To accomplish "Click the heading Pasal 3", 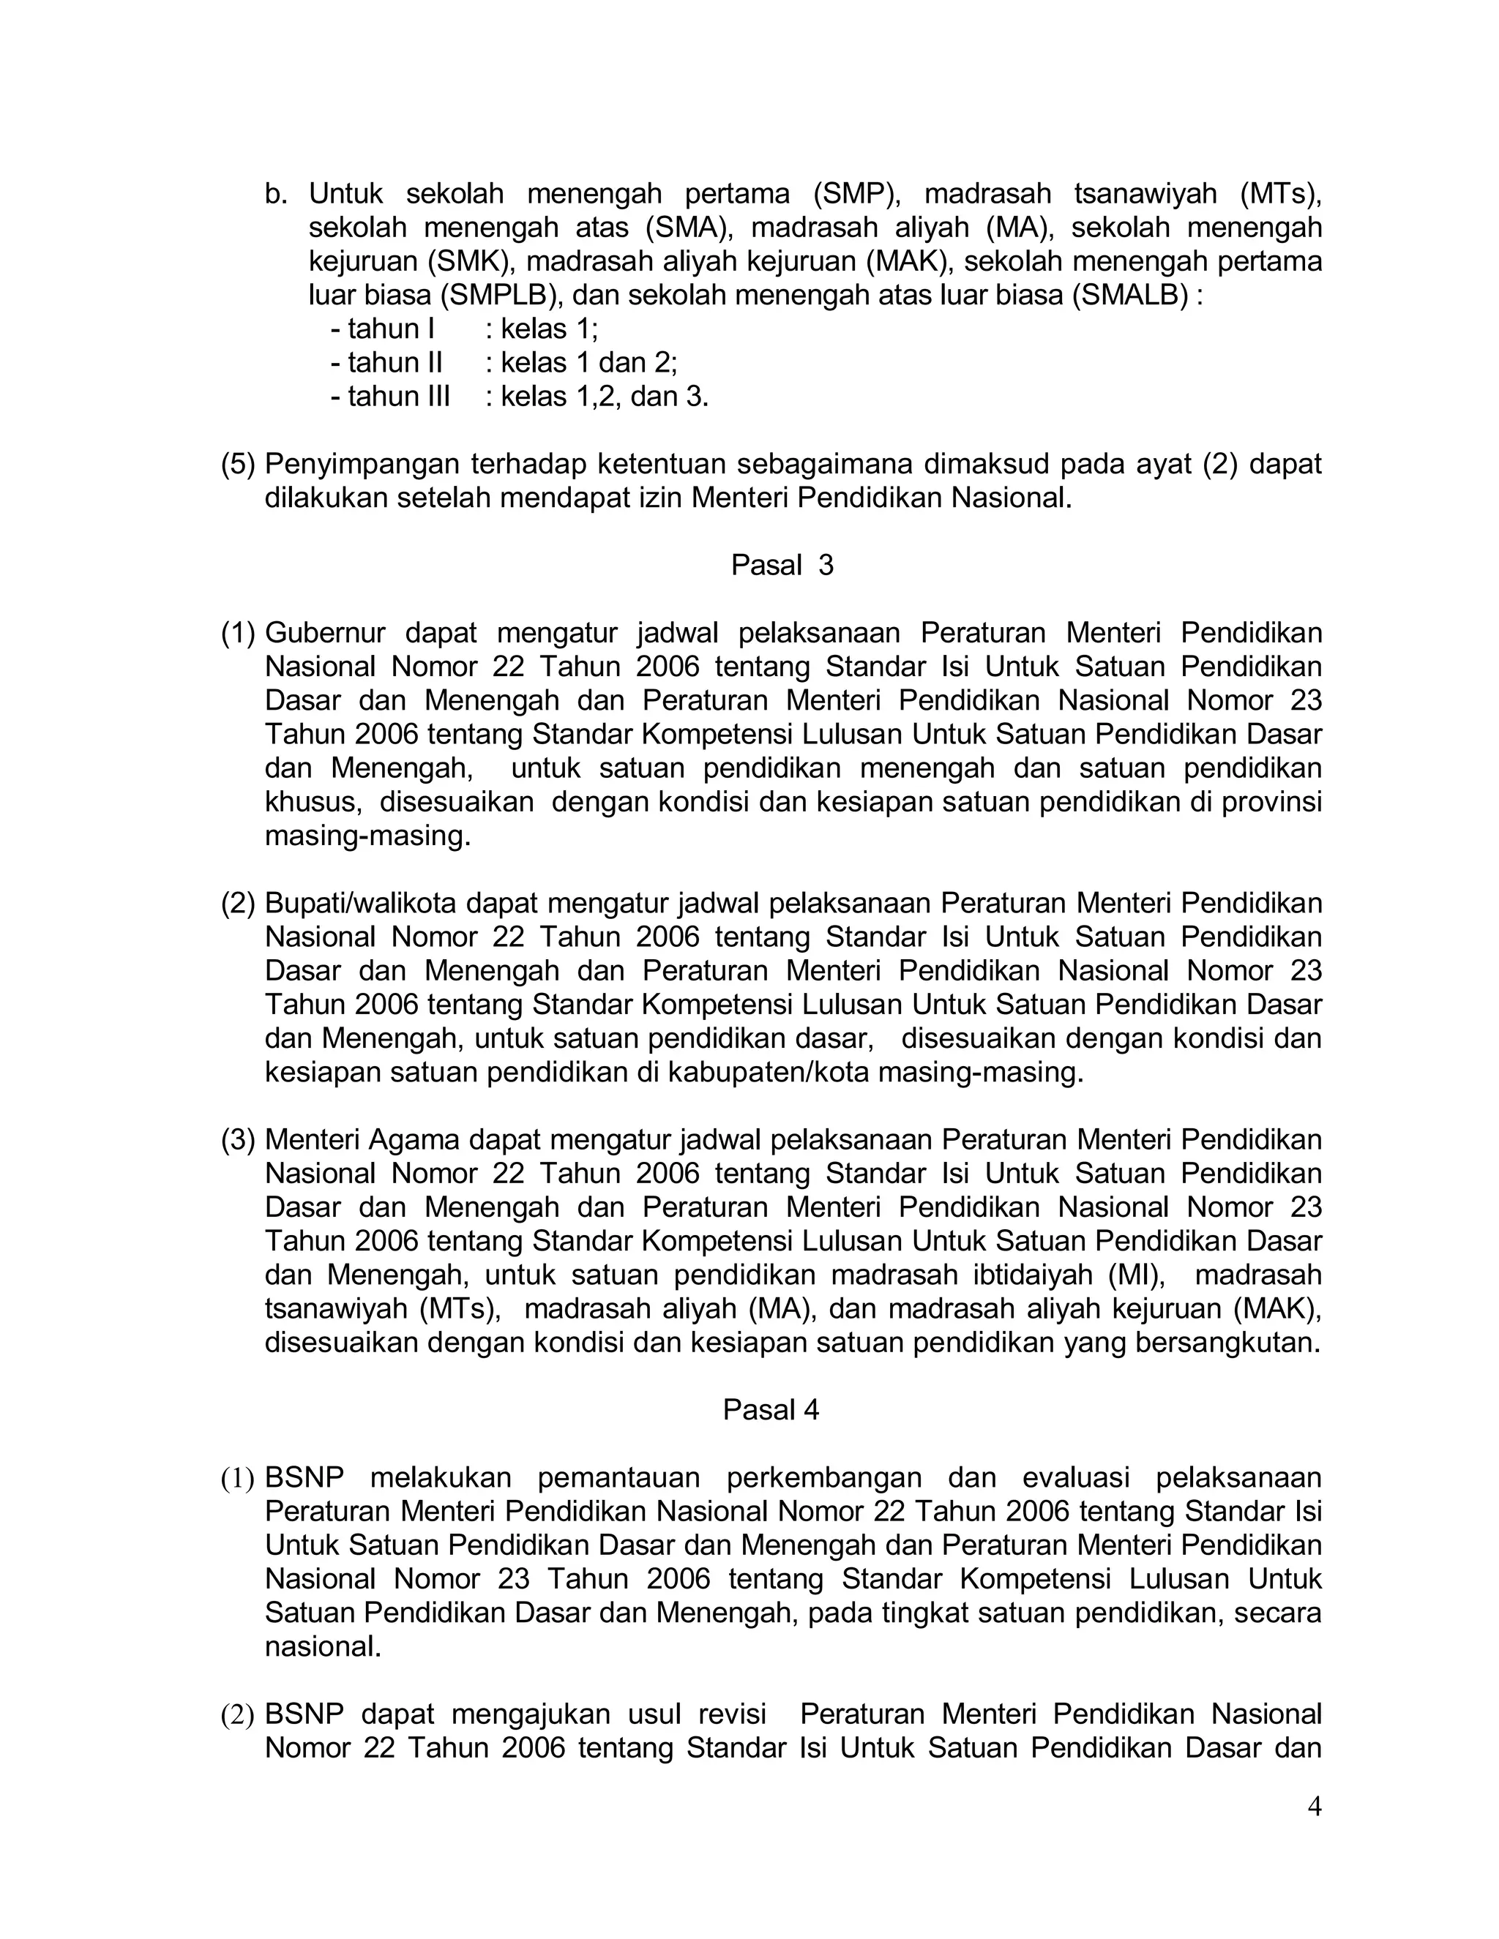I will pyautogui.click(x=782, y=566).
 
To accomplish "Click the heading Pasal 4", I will pyautogui.click(x=770, y=1410).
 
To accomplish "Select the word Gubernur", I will pyautogui.click(x=325, y=633).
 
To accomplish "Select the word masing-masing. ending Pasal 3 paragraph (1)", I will pyautogui.click(x=367, y=836).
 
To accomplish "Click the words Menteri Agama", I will pyautogui.click(x=361, y=1139).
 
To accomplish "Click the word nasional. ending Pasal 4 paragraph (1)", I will pyautogui.click(x=322, y=1647).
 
